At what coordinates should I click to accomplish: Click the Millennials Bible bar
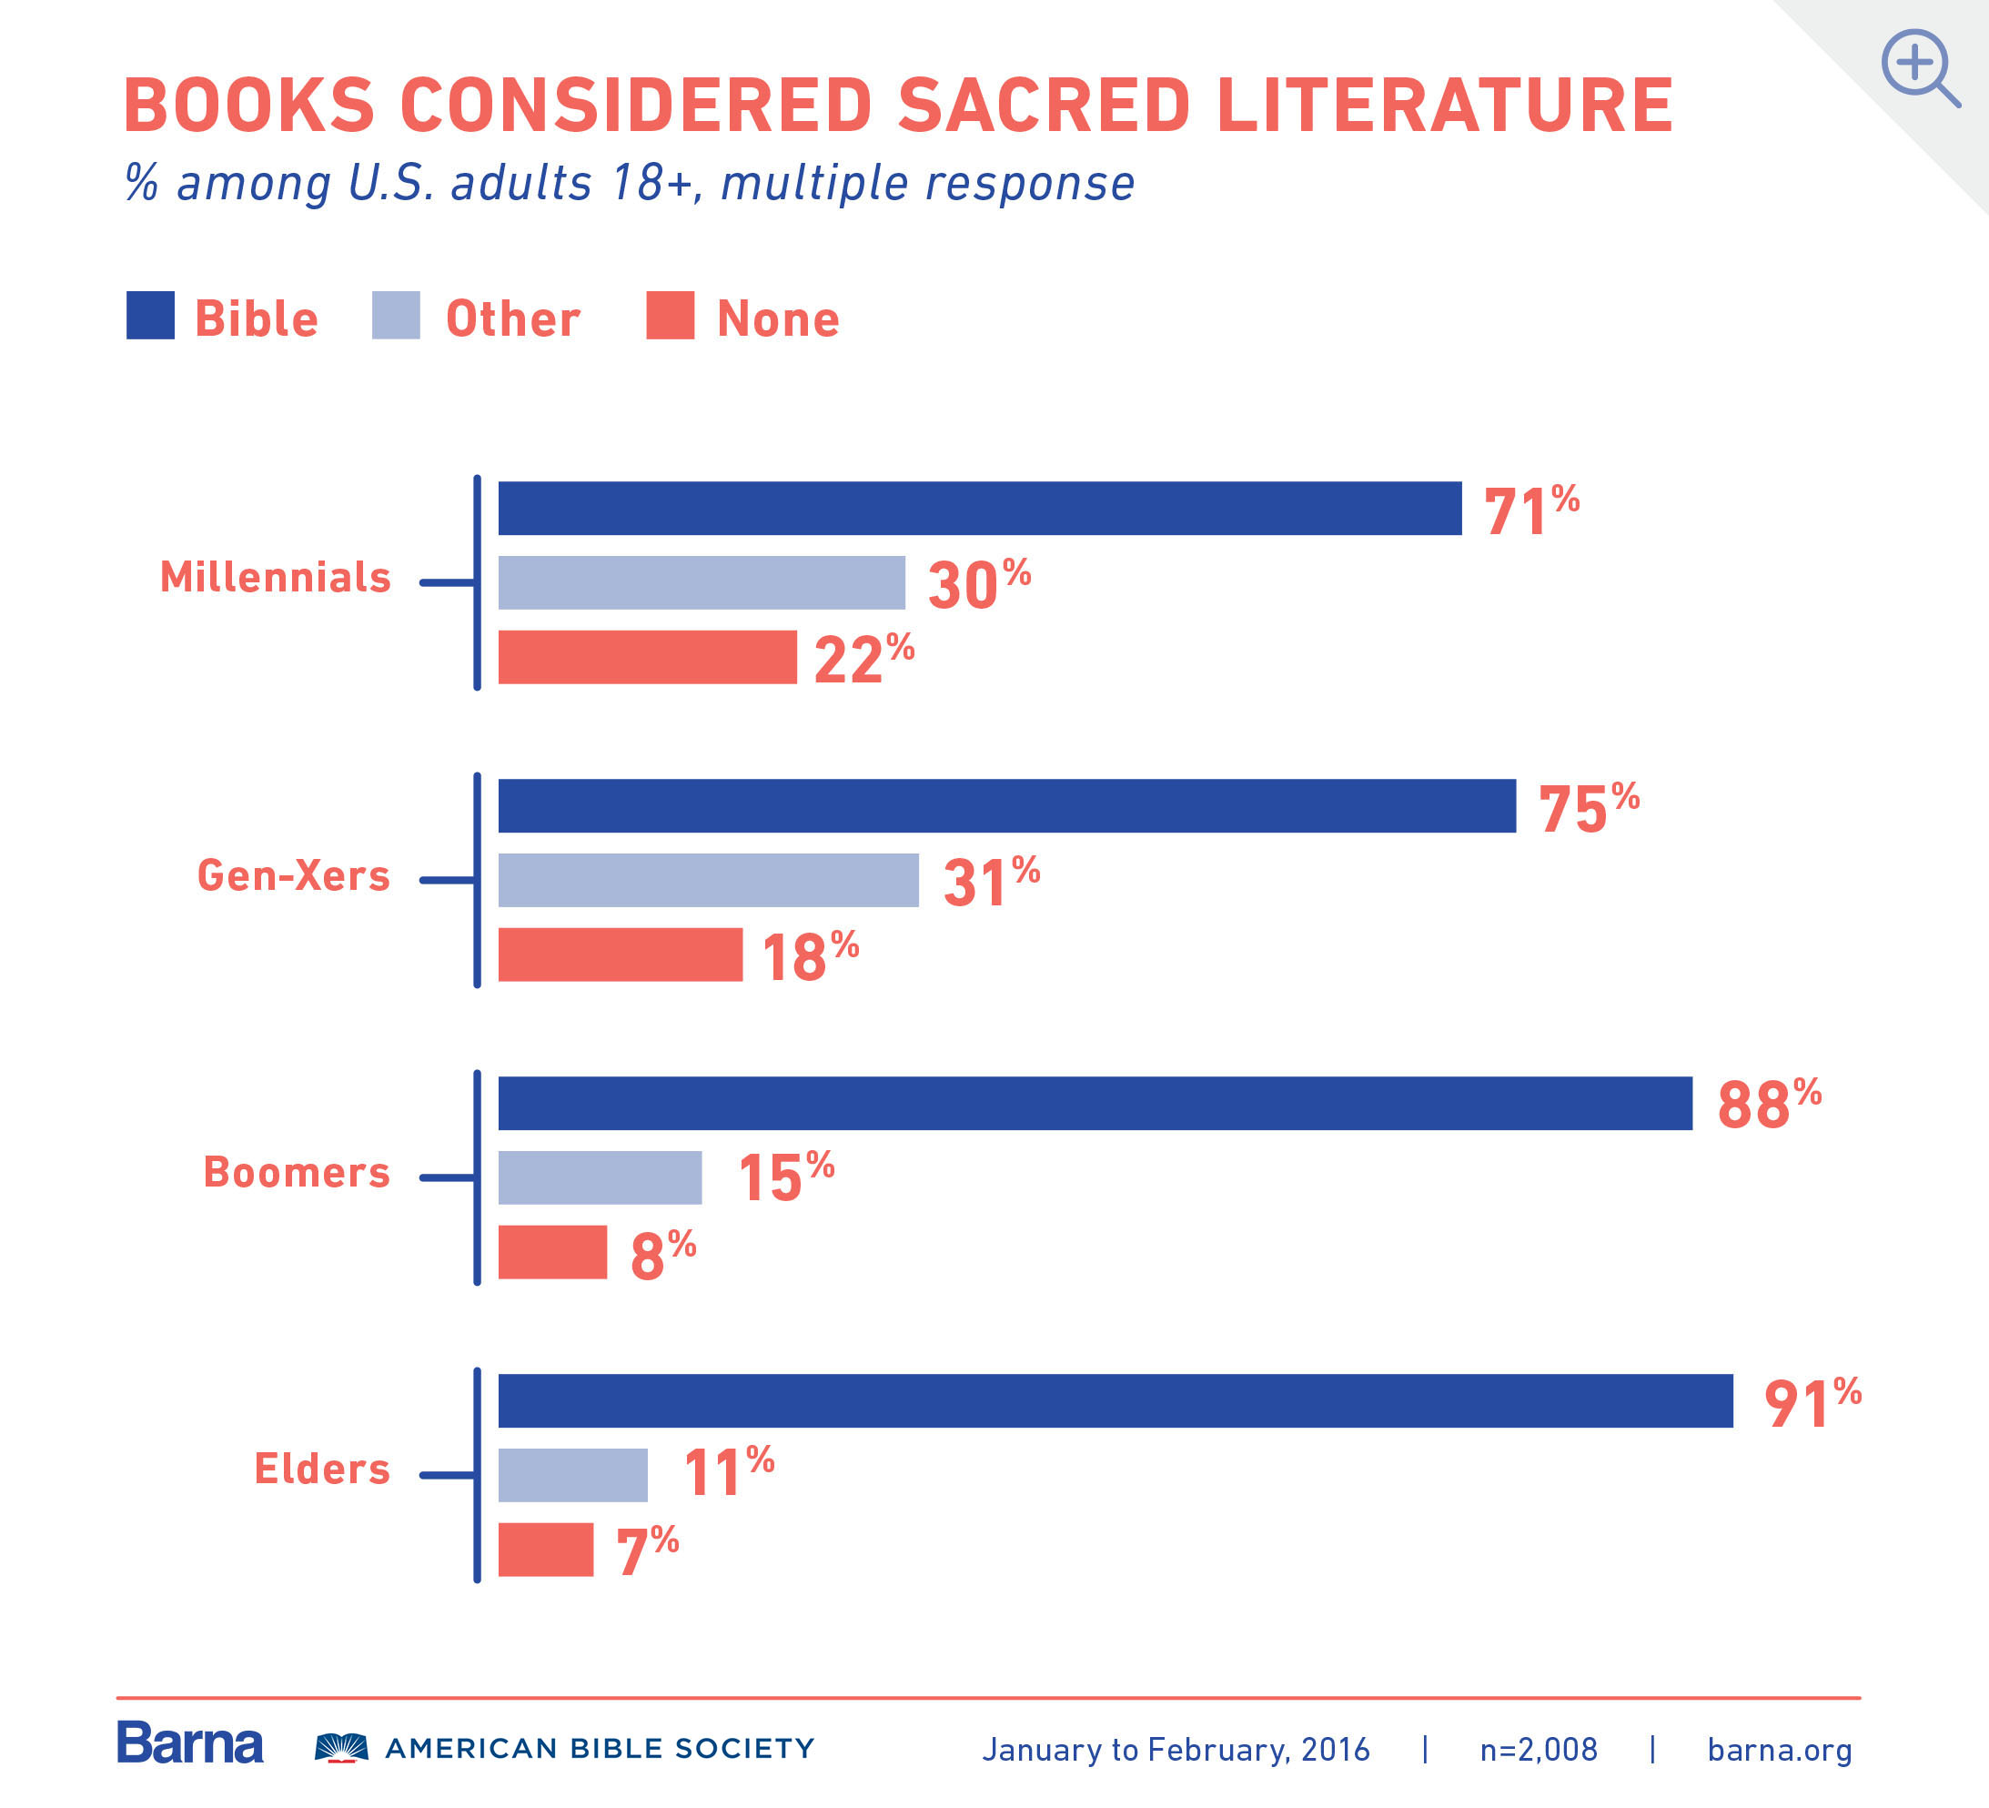click(979, 509)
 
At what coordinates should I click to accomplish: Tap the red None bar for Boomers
click(551, 1251)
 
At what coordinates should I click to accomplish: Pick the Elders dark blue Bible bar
click(1115, 1400)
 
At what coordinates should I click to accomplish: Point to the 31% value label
click(990, 882)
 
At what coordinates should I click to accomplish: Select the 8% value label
click(662, 1255)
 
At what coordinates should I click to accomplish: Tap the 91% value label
click(1811, 1403)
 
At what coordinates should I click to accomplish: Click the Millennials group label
click(276, 577)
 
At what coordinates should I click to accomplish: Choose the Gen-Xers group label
click(293, 875)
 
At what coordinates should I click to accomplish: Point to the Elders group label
click(321, 1469)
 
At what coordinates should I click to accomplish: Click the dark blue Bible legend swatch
click(150, 315)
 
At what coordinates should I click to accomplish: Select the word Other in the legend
click(512, 318)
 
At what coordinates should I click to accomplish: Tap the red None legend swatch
click(669, 315)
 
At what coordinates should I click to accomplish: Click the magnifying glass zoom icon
click(1918, 67)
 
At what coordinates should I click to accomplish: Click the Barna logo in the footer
click(189, 1744)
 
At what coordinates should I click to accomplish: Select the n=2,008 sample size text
click(1538, 1750)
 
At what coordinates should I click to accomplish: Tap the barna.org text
click(1779, 1750)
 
